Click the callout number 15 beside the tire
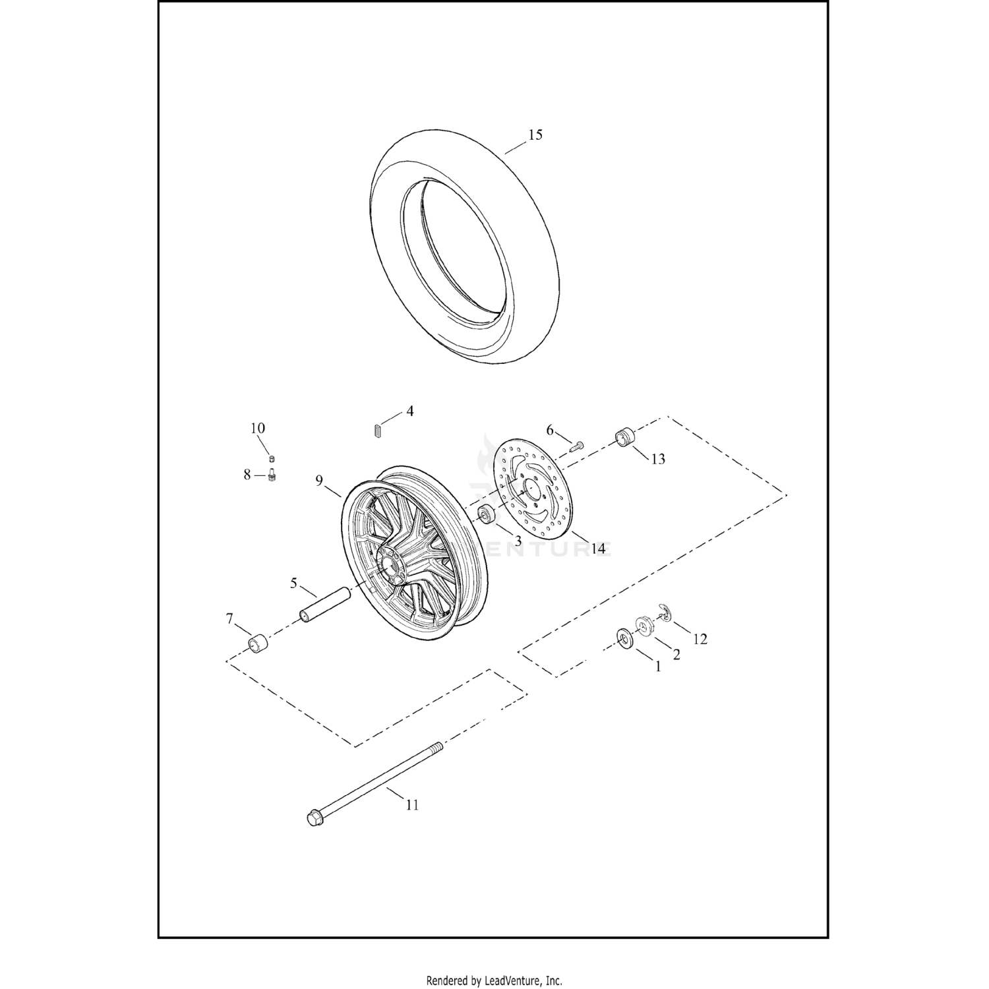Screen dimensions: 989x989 [x=535, y=135]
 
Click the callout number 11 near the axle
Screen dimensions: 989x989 [x=412, y=805]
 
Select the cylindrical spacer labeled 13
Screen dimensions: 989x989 [x=624, y=436]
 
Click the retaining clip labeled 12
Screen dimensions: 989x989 [x=665, y=613]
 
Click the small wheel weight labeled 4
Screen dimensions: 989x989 [x=376, y=430]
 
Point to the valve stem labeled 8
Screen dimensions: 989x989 [x=272, y=475]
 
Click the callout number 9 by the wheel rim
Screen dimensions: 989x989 [x=319, y=480]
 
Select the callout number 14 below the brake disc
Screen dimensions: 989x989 [x=598, y=548]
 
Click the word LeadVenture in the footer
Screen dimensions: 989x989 [x=515, y=980]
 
